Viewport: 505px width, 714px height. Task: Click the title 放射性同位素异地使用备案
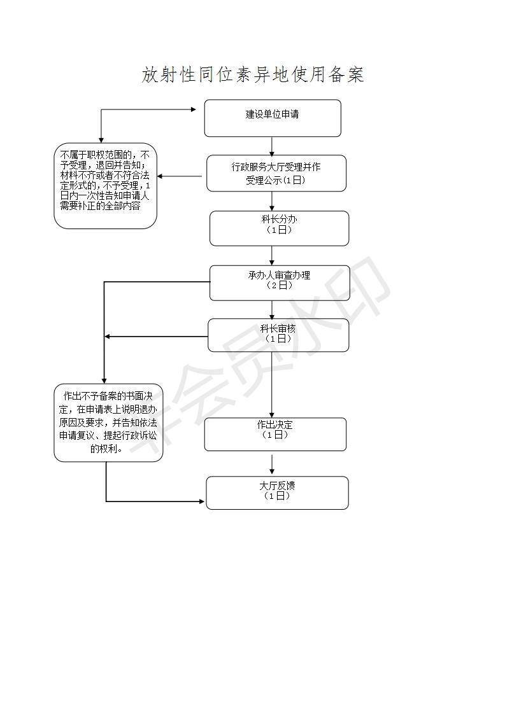click(252, 74)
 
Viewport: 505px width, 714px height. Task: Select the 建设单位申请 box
click(273, 118)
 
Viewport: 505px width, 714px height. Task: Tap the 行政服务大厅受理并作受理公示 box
click(276, 173)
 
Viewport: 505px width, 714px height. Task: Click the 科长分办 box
click(279, 228)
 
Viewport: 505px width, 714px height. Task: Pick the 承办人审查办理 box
click(280, 283)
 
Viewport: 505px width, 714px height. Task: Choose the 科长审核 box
click(278, 335)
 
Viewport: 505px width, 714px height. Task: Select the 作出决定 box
click(275, 435)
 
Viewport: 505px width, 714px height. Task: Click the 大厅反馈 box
click(277, 493)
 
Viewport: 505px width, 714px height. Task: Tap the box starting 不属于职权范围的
click(105, 186)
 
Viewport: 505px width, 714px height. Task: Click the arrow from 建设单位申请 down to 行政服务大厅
click(272, 146)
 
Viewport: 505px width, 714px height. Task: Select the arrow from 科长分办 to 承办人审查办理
click(272, 256)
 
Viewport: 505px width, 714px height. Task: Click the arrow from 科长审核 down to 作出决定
click(272, 385)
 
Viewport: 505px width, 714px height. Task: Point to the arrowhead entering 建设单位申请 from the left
click(194, 109)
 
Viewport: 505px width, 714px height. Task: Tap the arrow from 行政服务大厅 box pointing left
click(180, 176)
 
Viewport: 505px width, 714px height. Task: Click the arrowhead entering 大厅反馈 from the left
click(202, 501)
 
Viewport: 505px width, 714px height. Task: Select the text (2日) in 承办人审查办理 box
click(279, 286)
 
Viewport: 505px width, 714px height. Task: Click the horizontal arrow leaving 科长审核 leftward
click(156, 337)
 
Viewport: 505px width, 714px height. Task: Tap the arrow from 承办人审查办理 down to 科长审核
click(272, 310)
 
